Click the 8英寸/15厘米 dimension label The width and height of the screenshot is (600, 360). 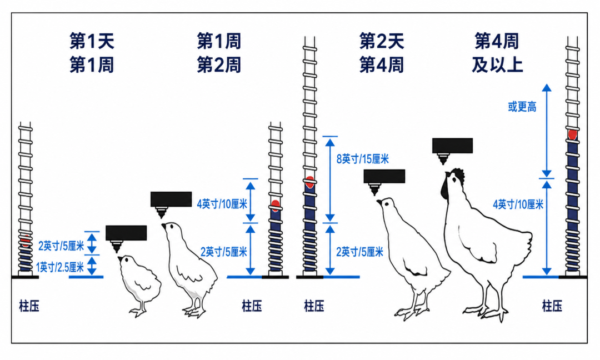[362, 159]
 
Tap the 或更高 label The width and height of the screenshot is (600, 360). [522, 107]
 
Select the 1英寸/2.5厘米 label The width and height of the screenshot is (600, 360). [59, 267]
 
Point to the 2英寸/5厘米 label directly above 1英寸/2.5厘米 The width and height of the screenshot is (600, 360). [61, 246]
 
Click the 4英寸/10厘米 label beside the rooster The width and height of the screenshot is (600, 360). [518, 204]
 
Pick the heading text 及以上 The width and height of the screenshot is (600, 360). [497, 65]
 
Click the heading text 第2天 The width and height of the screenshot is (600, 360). [382, 41]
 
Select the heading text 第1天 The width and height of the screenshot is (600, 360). [92, 41]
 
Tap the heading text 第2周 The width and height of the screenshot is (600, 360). [219, 65]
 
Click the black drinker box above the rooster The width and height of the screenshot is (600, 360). [452, 146]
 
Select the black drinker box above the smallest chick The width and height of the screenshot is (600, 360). [126, 233]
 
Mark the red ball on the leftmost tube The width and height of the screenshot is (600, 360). [26, 242]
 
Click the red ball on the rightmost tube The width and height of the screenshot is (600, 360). [572, 134]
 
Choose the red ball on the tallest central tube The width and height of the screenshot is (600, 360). [310, 182]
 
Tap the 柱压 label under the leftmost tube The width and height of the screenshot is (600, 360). [29, 306]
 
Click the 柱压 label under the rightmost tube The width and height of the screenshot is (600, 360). [552, 306]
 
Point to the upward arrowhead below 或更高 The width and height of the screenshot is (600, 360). [547, 88]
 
